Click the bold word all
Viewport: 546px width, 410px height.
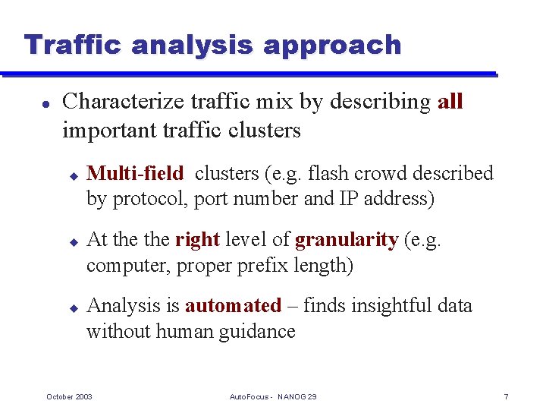click(450, 102)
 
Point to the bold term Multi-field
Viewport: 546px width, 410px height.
click(135, 174)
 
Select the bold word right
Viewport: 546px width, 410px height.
click(197, 241)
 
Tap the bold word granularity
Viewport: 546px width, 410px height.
click(347, 241)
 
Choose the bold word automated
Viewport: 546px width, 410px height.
click(233, 306)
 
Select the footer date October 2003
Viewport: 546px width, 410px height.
click(70, 397)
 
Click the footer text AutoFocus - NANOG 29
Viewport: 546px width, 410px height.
click(273, 397)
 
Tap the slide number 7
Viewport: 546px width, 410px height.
click(506, 397)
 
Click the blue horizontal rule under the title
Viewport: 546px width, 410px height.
click(250, 74)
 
